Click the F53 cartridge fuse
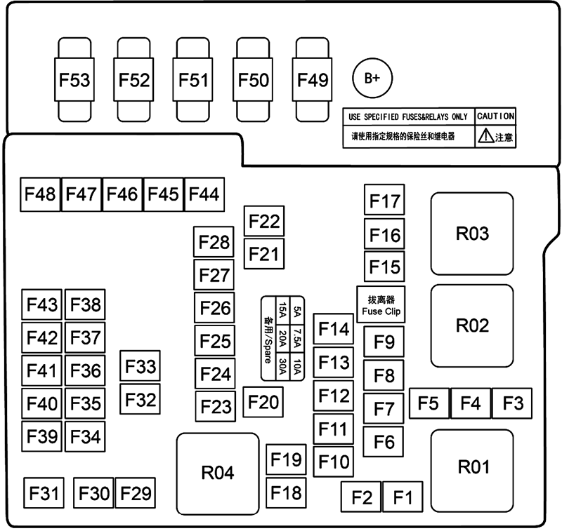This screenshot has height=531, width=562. pos(74,80)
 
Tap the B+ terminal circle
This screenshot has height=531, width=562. pos(372,79)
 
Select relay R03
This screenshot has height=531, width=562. pos(472,234)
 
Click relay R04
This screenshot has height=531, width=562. pos(217,473)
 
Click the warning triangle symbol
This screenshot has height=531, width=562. pos(486,137)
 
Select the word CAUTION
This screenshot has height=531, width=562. pos(496,116)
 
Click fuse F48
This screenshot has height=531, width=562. pos(41,194)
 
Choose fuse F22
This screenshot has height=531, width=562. pos(264,222)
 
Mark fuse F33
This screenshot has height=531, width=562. pos(140,367)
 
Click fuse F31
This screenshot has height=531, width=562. pos(44,493)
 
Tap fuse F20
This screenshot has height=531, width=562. pos(263,401)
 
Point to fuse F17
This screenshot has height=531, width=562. pos(384,201)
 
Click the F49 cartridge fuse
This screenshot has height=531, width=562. pos(313,80)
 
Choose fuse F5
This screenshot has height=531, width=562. pos(428,403)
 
